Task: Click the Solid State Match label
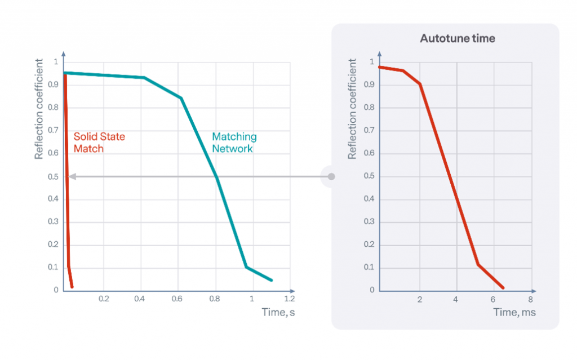tap(99, 143)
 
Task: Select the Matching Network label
tap(234, 143)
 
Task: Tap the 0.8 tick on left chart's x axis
tap(215, 298)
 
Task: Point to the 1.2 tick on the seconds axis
tap(289, 298)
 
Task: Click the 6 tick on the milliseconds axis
tap(493, 298)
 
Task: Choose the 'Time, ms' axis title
tap(514, 312)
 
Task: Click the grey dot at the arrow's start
tap(331, 176)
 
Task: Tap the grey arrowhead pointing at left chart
tap(72, 176)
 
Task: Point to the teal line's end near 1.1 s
tap(272, 280)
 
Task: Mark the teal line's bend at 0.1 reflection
tap(246, 266)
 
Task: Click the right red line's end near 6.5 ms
tap(503, 287)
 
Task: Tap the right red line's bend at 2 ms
tap(420, 84)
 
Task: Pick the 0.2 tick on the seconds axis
tap(104, 298)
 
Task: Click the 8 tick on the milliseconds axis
tap(530, 298)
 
